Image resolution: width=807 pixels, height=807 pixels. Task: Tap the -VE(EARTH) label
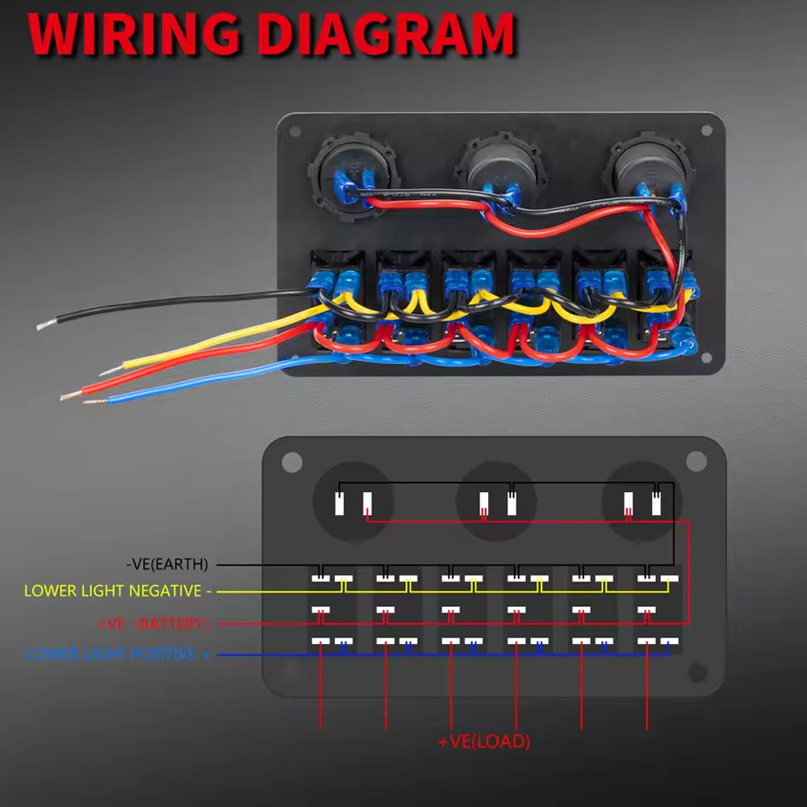tap(167, 563)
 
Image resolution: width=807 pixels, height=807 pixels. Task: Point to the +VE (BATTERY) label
tap(153, 624)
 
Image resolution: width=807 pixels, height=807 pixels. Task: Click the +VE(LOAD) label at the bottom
tap(484, 742)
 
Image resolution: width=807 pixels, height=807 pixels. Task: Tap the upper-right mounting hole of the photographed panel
tap(708, 130)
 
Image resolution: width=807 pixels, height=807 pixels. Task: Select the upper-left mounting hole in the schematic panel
tap(292, 462)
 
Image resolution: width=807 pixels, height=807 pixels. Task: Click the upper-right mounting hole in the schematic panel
tap(696, 461)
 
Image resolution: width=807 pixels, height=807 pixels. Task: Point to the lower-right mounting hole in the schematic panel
tap(698, 672)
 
